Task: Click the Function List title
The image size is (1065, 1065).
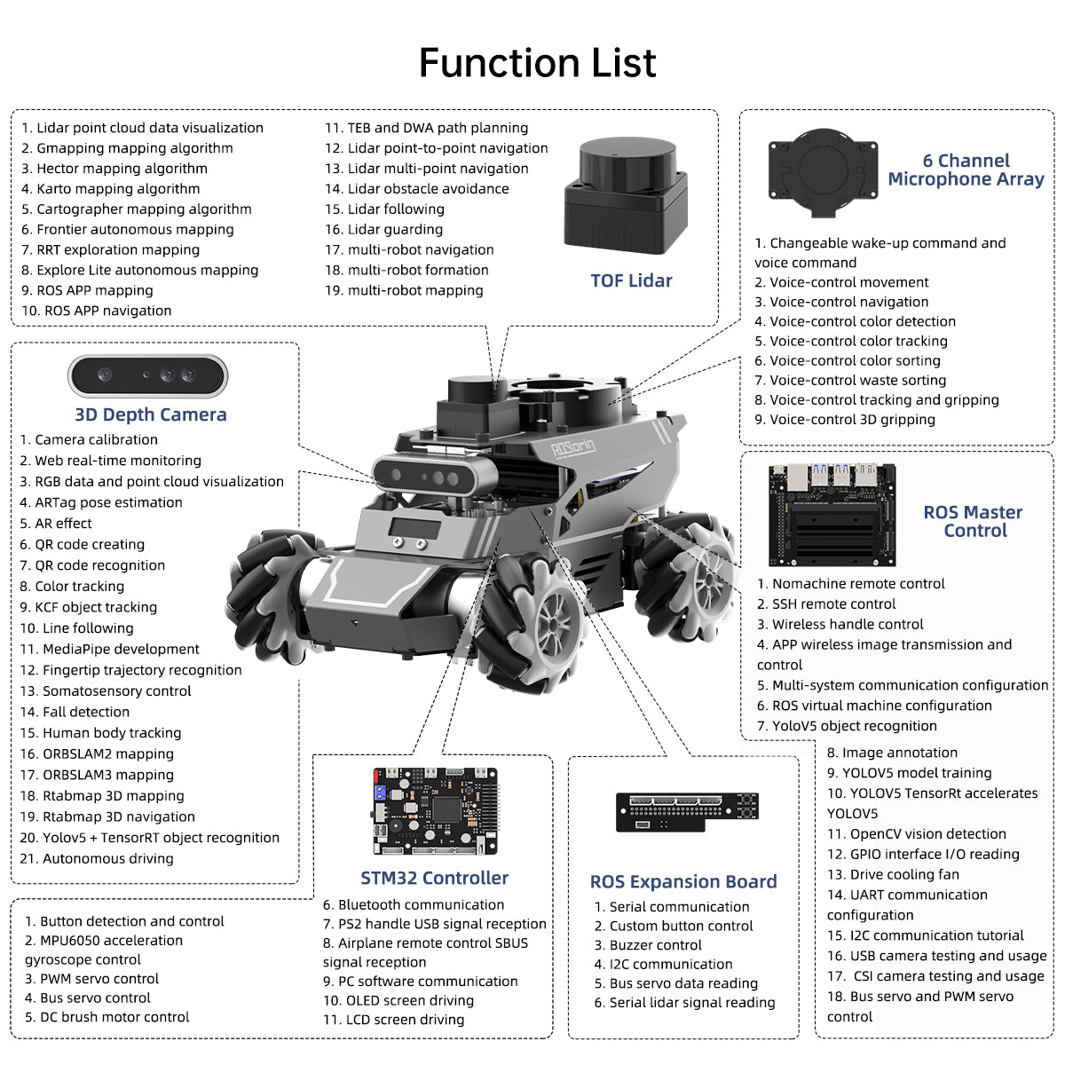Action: click(x=537, y=63)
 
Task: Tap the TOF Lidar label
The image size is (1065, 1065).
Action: click(x=631, y=280)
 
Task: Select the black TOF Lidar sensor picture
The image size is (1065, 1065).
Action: click(x=626, y=196)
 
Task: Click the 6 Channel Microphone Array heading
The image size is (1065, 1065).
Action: click(x=966, y=170)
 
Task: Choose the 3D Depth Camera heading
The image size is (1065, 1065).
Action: click(x=151, y=414)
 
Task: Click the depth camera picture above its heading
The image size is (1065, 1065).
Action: click(x=148, y=376)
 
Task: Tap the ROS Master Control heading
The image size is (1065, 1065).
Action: click(x=974, y=521)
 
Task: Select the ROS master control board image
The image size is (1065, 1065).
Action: click(x=832, y=514)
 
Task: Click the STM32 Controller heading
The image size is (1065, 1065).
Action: click(x=434, y=878)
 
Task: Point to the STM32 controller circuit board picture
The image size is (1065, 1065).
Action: click(x=435, y=810)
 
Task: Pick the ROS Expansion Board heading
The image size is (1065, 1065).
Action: click(x=682, y=881)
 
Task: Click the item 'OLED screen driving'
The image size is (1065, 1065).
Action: click(x=398, y=1000)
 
